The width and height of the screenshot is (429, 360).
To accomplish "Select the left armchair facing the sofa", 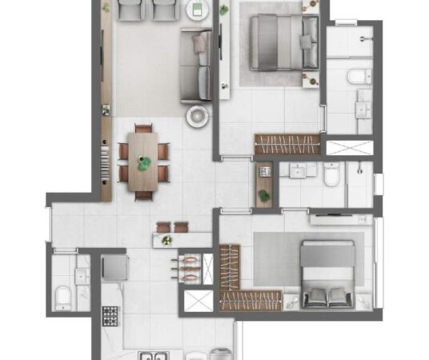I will point(130,10).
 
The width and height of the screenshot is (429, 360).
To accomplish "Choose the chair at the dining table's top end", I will point(144,128).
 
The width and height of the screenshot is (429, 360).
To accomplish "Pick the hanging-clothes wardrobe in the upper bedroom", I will point(287,144).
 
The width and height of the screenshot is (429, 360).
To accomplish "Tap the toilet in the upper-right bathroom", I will point(359,77).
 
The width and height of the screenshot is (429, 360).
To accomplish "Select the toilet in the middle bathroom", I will point(332,175).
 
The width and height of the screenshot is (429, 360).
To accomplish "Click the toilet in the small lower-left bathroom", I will point(63,298).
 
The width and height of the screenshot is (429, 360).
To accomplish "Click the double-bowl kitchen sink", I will point(152,355).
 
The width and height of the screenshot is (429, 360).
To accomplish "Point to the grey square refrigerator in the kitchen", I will point(114,266).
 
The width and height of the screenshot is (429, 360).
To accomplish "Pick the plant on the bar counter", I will point(166,240).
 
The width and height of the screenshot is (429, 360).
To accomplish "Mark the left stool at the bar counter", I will point(164,226).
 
